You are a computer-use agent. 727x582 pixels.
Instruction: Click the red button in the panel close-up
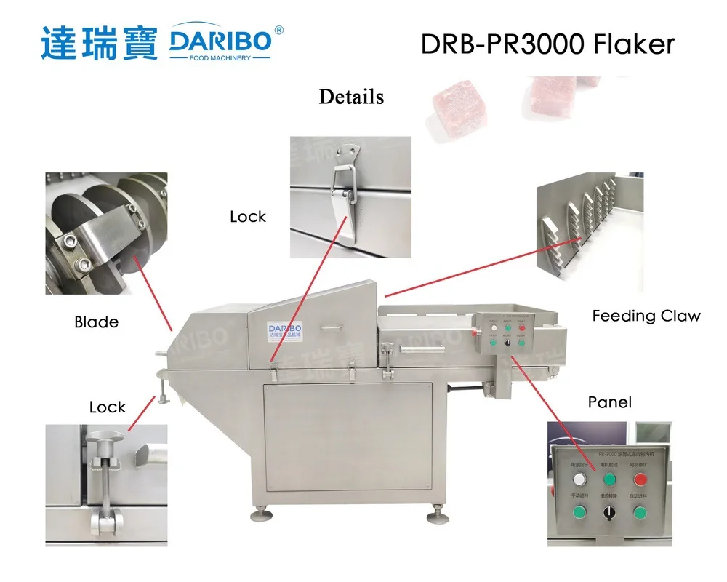pos(640,479)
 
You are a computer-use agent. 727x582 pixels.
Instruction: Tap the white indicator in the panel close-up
pos(579,479)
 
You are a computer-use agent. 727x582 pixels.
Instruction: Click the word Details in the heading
pos(351,97)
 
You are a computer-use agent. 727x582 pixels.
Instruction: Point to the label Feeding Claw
pos(646,316)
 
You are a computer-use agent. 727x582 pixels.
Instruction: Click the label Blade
pos(96,322)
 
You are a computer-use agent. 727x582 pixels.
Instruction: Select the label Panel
pos(609,402)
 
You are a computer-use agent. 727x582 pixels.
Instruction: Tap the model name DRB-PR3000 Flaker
pos(547,44)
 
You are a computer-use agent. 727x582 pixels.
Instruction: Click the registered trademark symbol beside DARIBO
pos(279,31)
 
